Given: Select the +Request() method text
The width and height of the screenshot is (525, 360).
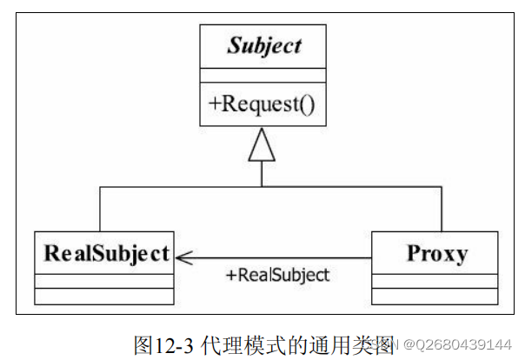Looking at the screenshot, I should click(262, 103).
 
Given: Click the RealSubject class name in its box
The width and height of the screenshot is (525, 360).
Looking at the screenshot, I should click(105, 253).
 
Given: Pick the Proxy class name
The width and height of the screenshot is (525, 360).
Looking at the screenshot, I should click(435, 253).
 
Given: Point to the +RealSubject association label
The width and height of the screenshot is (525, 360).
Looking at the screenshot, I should click(277, 276).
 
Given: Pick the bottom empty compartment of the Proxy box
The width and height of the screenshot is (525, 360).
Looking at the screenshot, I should click(435, 296).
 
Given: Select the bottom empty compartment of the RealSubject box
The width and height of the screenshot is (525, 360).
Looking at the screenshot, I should click(104, 296).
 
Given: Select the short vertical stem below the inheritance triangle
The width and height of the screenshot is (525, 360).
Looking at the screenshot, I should click(262, 174).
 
